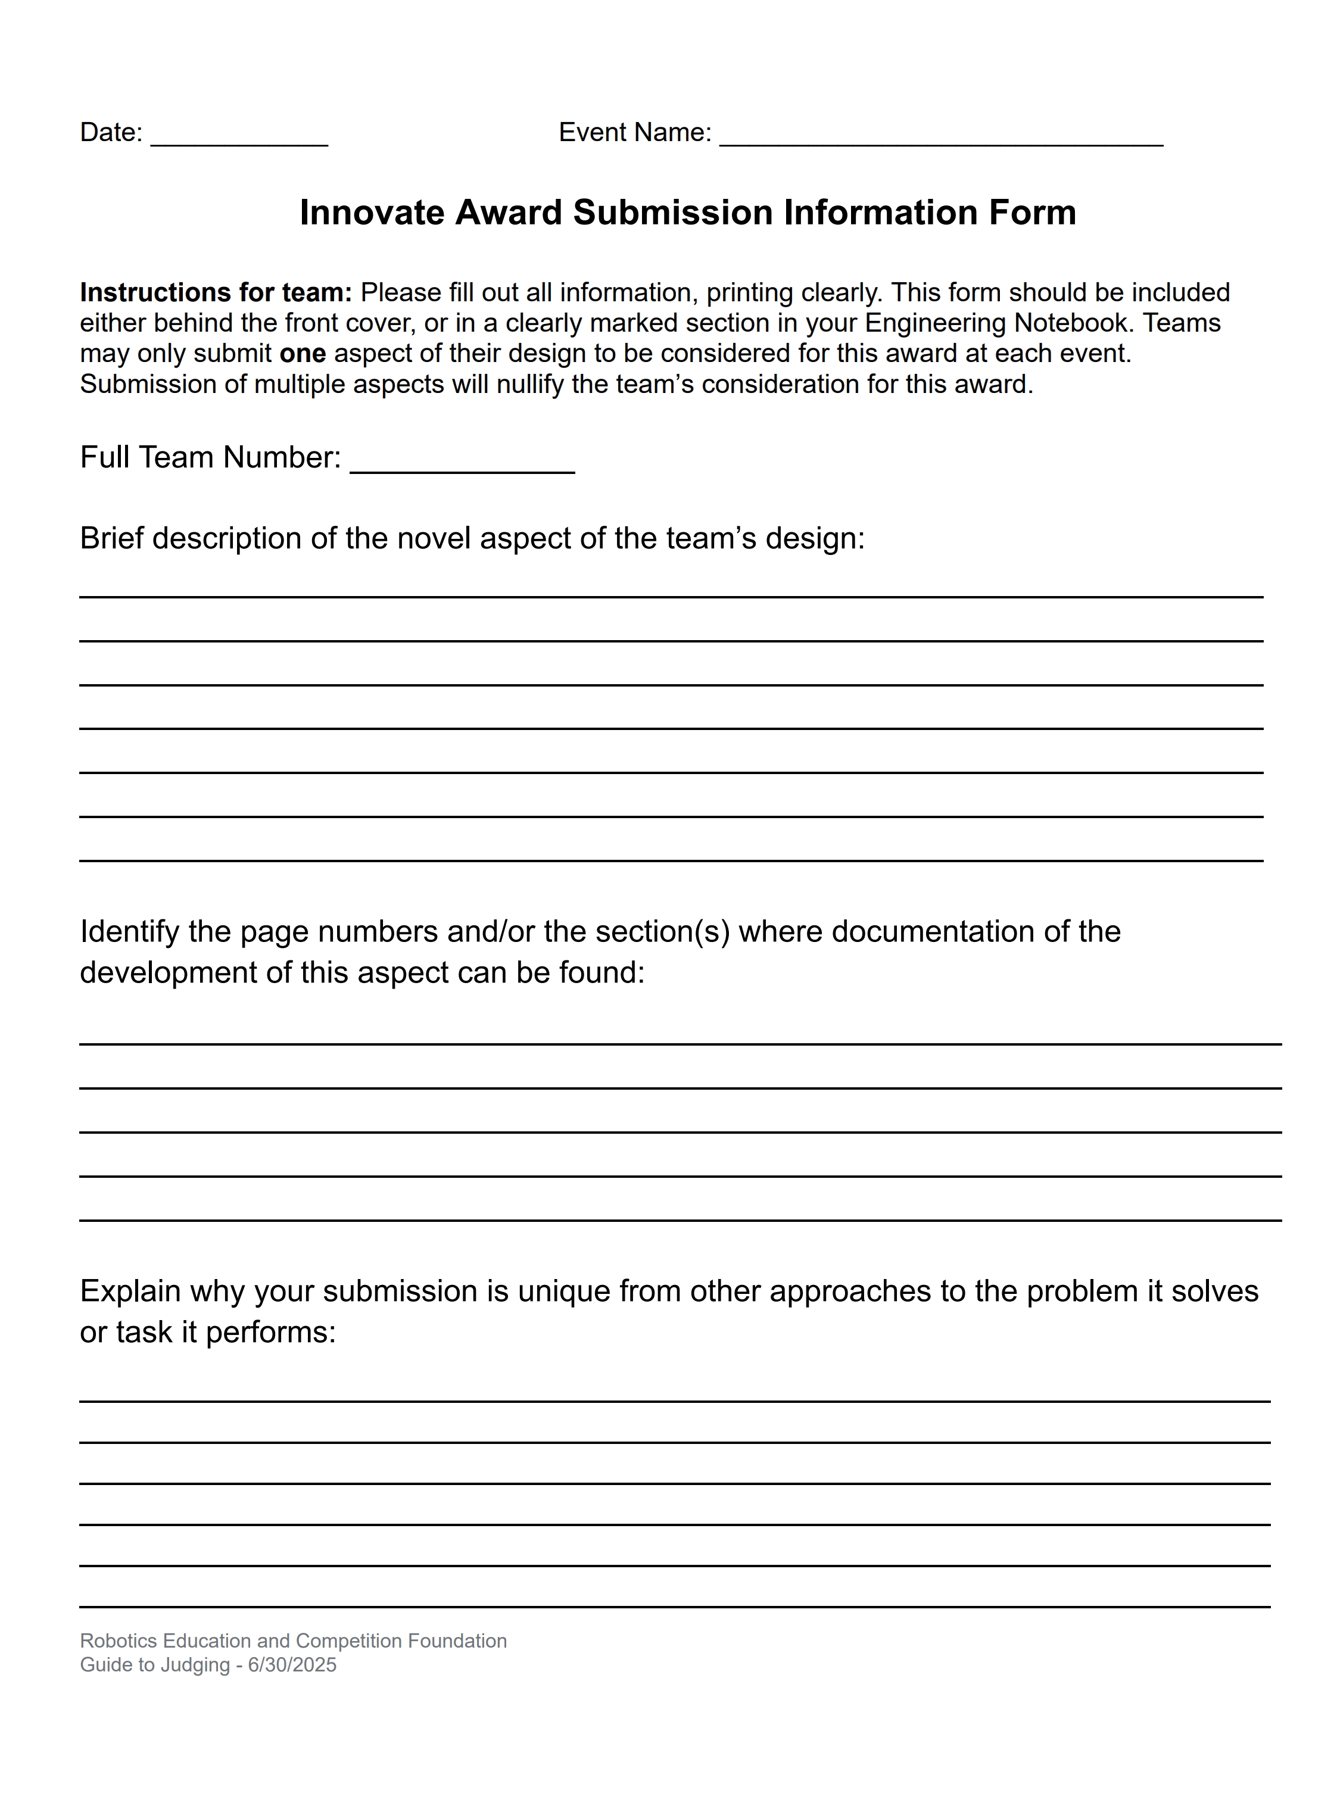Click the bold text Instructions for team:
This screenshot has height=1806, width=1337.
(x=215, y=292)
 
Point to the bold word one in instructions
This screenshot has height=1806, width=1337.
(x=303, y=354)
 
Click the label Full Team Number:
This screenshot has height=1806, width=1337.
(x=210, y=458)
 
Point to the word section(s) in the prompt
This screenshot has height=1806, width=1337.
(x=663, y=932)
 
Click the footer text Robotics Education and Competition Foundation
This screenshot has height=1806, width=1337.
(x=293, y=1641)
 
